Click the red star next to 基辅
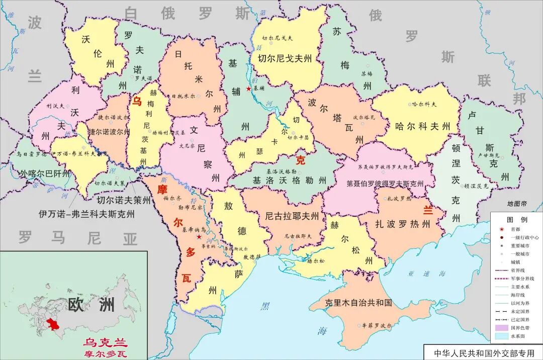[248, 88]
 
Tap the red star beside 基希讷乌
[200, 236]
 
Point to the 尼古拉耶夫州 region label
[292, 216]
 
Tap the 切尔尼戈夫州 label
[289, 58]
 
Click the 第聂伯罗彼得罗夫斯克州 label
[385, 184]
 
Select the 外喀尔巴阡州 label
[45, 174]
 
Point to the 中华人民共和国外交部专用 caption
[482, 352]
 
